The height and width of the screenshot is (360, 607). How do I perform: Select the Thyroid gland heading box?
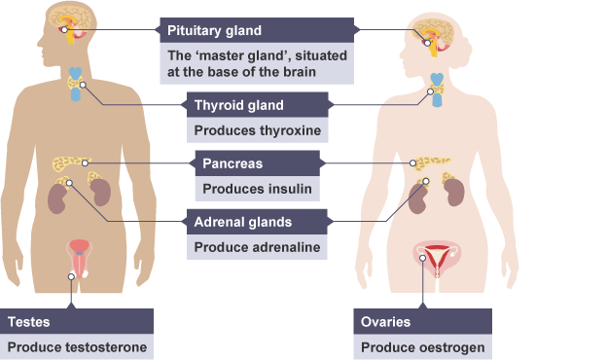pos(258,105)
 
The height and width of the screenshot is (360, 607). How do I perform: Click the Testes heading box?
pos(77,321)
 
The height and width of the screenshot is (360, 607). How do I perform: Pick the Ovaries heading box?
pos(423,321)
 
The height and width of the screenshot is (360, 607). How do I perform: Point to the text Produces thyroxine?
pos(258,130)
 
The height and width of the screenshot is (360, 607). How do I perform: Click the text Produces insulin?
pos(257,189)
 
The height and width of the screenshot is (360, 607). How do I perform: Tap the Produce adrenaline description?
pos(257,247)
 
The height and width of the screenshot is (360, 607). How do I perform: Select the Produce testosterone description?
pos(77,347)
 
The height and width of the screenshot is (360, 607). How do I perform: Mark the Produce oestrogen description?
pos(423,347)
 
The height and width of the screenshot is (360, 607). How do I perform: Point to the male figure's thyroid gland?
pos(76,84)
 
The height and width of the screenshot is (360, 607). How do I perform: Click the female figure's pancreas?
pos(432,162)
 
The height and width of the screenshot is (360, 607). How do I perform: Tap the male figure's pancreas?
pos(70,162)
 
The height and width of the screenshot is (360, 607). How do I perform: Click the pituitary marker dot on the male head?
pos(64,30)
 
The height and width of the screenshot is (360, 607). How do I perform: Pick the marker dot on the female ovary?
pos(423,258)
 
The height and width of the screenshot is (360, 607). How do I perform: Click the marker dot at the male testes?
pos(71,276)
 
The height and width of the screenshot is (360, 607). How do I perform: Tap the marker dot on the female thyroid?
pos(430,91)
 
